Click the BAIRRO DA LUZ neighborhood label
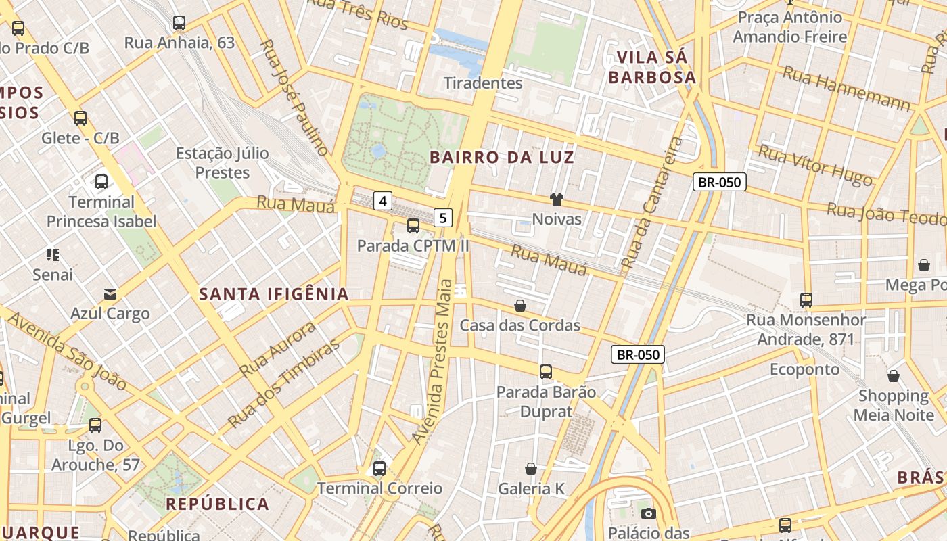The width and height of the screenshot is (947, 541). click(x=502, y=158)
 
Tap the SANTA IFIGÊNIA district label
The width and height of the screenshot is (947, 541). click(x=274, y=293)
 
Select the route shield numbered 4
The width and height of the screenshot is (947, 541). click(x=383, y=201)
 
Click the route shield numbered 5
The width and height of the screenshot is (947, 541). click(x=442, y=218)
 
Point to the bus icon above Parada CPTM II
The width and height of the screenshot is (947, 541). click(x=413, y=226)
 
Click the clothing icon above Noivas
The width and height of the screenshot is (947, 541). click(x=557, y=199)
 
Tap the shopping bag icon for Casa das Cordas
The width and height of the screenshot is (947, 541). click(x=520, y=306)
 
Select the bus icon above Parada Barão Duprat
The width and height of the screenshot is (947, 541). click(x=546, y=371)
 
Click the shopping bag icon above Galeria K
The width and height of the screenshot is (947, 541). click(x=531, y=468)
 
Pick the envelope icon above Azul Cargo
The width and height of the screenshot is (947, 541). click(x=110, y=293)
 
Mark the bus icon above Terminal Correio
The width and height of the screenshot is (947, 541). click(x=379, y=468)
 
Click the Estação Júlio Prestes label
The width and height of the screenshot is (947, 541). click(x=222, y=163)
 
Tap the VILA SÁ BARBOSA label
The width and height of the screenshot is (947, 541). click(x=652, y=67)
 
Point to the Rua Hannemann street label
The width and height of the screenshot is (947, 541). click(x=846, y=89)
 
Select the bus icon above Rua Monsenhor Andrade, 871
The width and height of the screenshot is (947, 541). click(x=806, y=300)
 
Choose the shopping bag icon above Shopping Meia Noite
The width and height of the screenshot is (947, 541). click(x=894, y=376)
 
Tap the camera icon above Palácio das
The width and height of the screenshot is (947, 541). click(x=648, y=513)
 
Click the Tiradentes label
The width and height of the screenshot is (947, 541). click(x=483, y=83)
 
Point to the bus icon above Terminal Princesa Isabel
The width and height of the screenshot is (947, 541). click(x=101, y=181)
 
